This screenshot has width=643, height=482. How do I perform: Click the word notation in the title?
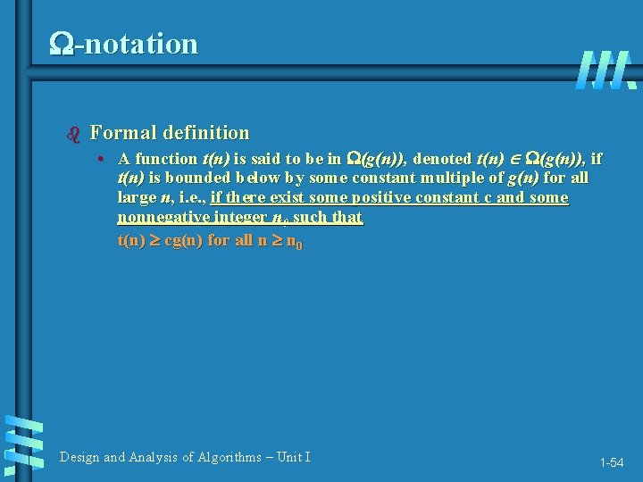(140, 44)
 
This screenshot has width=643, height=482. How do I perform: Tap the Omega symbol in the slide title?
(63, 44)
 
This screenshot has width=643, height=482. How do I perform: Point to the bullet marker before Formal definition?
(74, 135)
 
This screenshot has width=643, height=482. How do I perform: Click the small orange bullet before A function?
(104, 160)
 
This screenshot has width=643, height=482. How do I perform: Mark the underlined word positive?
(386, 198)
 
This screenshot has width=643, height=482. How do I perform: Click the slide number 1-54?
(612, 462)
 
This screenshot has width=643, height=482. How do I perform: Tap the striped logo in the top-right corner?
(605, 70)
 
